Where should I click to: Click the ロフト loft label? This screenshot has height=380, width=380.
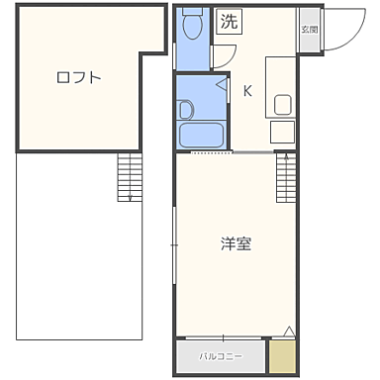(x=79, y=77)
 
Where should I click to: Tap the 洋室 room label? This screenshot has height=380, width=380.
(x=236, y=242)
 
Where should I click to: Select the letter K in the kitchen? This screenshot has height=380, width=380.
(x=247, y=92)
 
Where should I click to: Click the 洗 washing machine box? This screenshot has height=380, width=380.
(x=230, y=22)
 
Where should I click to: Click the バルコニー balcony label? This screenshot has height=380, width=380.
(x=222, y=353)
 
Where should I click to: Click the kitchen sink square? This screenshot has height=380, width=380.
(x=282, y=104)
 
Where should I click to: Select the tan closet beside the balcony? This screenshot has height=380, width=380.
(x=283, y=354)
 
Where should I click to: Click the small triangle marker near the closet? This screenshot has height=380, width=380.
(x=288, y=331)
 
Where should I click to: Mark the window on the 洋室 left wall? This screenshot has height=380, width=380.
(x=175, y=237)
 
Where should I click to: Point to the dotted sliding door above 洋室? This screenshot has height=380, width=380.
(x=213, y=153)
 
